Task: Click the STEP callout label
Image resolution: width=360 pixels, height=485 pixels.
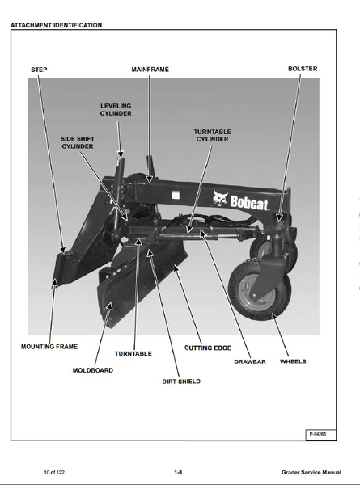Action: point(39,70)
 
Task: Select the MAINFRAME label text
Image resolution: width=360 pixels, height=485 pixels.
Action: point(150,70)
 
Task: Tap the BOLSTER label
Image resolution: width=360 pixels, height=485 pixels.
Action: point(303,69)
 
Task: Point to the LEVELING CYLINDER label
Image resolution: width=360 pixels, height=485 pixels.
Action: point(116,110)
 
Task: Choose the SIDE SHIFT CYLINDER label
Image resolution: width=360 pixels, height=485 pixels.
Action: point(78,142)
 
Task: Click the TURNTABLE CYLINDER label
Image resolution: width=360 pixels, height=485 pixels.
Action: point(212,136)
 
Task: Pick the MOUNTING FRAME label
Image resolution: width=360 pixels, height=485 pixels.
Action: point(49,347)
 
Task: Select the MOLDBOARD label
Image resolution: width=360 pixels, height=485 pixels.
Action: point(93,370)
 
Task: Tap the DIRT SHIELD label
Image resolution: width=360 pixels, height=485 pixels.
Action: point(181,382)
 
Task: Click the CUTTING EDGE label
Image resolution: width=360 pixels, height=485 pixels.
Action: point(208,348)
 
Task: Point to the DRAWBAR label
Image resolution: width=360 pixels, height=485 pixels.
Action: point(250,361)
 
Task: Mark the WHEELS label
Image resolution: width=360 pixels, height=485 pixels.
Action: point(293,361)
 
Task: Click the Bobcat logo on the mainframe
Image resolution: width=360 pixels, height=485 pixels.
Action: point(240,200)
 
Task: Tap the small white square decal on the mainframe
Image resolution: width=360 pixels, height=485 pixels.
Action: point(176,195)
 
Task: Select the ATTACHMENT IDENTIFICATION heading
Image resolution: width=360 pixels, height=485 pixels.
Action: point(56,25)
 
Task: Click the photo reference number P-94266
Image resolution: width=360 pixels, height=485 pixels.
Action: point(318,434)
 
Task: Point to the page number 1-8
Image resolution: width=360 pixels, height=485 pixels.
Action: point(178,472)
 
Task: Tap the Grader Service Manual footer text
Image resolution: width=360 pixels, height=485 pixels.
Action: point(311,472)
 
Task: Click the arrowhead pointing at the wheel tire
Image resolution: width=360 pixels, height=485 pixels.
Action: point(274,316)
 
